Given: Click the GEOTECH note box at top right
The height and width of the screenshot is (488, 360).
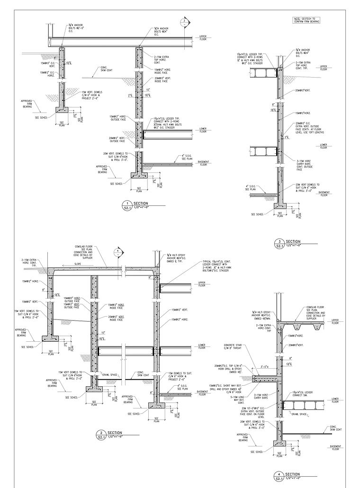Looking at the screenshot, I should (306, 20).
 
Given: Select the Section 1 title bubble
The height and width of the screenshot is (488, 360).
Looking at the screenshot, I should (125, 205).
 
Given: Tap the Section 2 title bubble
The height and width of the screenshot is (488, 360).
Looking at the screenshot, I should (100, 434).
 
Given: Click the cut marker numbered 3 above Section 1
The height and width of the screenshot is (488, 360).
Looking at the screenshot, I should (184, 22).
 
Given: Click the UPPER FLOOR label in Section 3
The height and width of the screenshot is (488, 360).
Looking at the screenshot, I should (324, 67).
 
